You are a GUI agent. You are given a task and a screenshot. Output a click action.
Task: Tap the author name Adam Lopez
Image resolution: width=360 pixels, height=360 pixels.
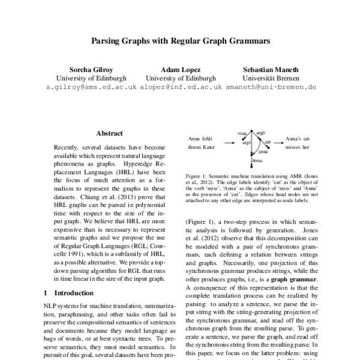[181, 70]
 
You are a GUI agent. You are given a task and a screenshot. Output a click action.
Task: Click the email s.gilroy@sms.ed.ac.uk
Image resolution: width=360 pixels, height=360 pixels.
[91, 87]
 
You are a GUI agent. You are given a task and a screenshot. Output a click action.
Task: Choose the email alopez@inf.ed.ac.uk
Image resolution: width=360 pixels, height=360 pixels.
[181, 87]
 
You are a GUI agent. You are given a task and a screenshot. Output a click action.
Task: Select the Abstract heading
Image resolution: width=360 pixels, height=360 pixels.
[109, 133]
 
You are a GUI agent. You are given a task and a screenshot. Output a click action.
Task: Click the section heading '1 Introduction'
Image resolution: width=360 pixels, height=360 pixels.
[69, 293]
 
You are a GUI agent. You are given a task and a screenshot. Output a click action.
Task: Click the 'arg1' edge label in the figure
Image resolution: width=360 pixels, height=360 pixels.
[246, 142]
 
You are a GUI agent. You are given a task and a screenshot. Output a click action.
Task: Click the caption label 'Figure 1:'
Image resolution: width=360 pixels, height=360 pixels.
[197, 176]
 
